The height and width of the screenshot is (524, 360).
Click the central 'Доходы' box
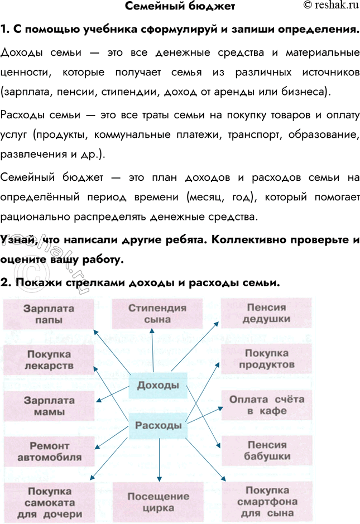[158, 386]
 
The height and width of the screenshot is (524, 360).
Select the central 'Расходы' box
[159, 426]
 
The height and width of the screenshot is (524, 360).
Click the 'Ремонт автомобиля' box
[49, 452]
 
